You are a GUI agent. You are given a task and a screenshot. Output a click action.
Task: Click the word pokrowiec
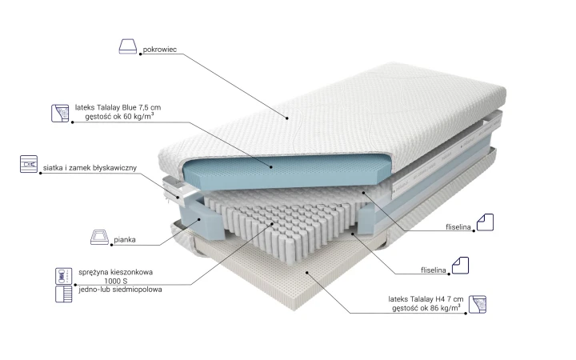coord(159,50)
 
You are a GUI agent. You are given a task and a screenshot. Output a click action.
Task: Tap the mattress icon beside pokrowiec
coord(128,46)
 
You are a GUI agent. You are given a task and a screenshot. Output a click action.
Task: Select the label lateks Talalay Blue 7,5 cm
coord(118,108)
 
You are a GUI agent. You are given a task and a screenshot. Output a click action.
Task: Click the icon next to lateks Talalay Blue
coord(60,113)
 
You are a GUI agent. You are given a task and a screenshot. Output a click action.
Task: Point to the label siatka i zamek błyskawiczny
coord(90,168)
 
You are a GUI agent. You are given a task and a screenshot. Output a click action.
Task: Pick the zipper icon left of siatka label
coord(29,164)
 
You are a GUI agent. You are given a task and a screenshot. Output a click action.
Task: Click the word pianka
coord(125,239)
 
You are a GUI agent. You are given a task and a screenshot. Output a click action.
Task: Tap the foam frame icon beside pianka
coord(99,237)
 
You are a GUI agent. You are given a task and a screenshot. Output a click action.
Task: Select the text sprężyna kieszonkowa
coord(116,272)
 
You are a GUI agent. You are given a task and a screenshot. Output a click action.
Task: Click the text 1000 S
coord(116,281)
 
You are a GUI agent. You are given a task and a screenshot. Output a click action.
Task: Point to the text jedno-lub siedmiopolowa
coord(120,290)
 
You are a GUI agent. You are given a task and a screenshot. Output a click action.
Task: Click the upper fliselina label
coord(458,227)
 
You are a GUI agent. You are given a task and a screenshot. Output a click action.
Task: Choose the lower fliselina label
coord(433,270)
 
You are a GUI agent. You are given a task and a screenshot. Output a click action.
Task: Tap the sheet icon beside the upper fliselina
coord(485,222)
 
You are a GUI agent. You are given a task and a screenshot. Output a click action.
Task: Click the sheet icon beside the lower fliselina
coord(460,266)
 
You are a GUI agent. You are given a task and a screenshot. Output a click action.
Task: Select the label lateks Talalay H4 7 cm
coord(426,299)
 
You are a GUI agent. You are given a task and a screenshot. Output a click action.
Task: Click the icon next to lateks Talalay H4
coord(478,304)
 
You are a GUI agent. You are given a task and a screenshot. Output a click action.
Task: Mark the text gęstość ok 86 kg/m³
coord(426,308)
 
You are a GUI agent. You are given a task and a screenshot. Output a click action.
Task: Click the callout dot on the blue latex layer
coord(271,167)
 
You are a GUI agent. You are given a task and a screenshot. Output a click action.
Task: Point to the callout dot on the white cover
coord(287,118)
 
